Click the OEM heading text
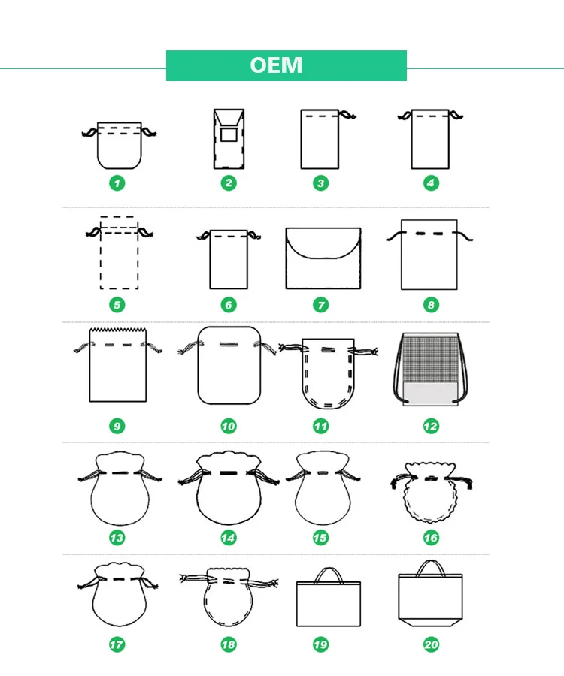pyautogui.click(x=277, y=65)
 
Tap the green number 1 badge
pyautogui.click(x=117, y=183)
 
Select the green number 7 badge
pyautogui.click(x=321, y=305)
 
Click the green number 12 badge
pyautogui.click(x=430, y=426)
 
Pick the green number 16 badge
pyautogui.click(x=430, y=538)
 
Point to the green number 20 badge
pyautogui.click(x=431, y=644)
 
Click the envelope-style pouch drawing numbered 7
pyautogui.click(x=323, y=258)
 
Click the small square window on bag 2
pyautogui.click(x=228, y=135)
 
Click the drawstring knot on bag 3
pyautogui.click(x=347, y=115)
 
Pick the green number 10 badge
pyautogui.click(x=228, y=426)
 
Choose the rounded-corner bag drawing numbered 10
pyautogui.click(x=228, y=365)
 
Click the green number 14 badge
pyautogui.click(x=228, y=538)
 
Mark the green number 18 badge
pyautogui.click(x=228, y=644)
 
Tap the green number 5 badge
pyautogui.click(x=117, y=305)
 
